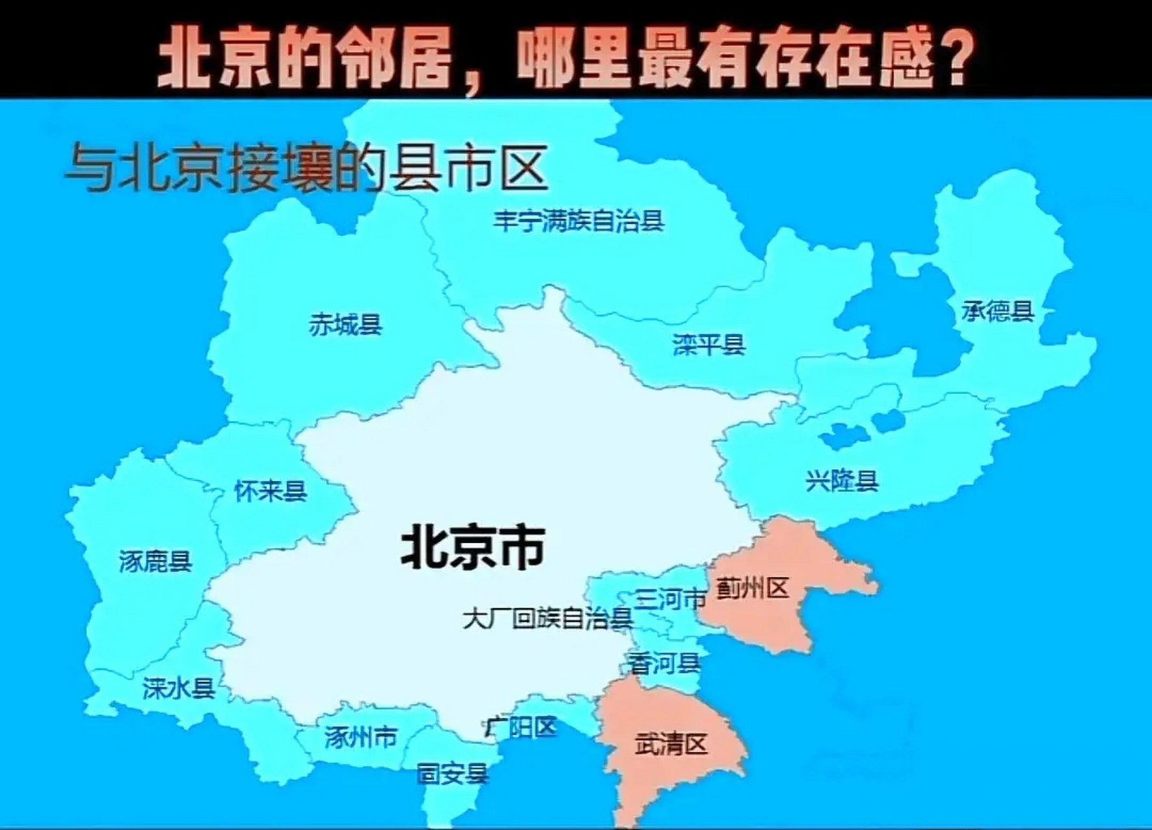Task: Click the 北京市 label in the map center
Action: (473, 547)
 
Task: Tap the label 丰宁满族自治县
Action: (578, 221)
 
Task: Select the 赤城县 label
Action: (345, 324)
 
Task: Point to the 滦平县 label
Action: (709, 344)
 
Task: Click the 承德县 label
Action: (997, 312)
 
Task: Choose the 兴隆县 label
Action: (841, 481)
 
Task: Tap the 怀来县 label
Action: (270, 491)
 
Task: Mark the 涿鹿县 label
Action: (156, 561)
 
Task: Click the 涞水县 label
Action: (178, 688)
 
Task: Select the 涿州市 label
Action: (360, 737)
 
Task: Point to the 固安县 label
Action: (452, 774)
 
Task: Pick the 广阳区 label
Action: (521, 728)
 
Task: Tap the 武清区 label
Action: (670, 744)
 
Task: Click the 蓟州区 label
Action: (752, 589)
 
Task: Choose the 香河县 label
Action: (664, 663)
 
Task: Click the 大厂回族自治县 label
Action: (548, 619)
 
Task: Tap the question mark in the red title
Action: (955, 60)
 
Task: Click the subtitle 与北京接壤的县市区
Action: (306, 169)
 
